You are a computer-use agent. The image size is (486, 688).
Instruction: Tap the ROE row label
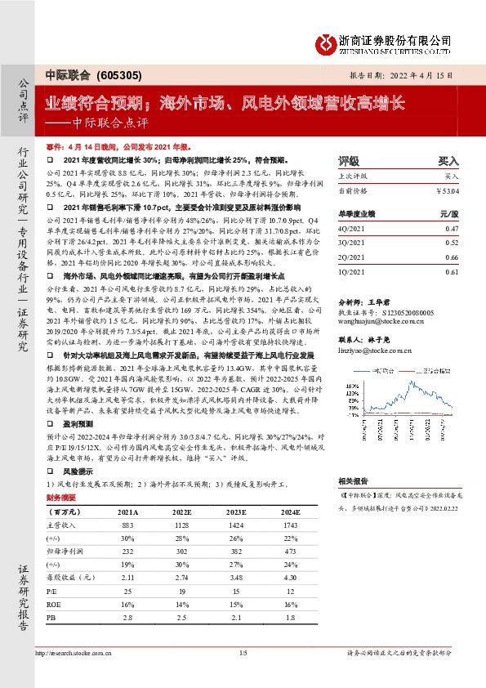(55, 604)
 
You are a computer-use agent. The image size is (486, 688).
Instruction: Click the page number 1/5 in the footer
(243, 654)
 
